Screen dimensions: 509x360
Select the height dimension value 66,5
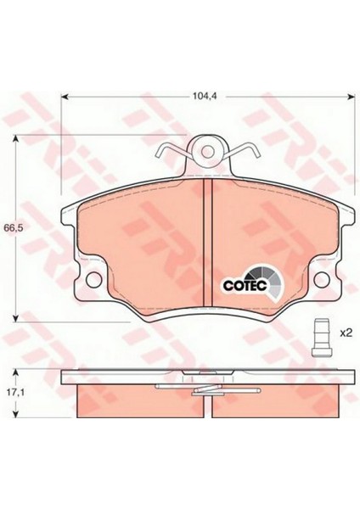[12, 228]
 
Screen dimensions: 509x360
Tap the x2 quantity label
[346, 333]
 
